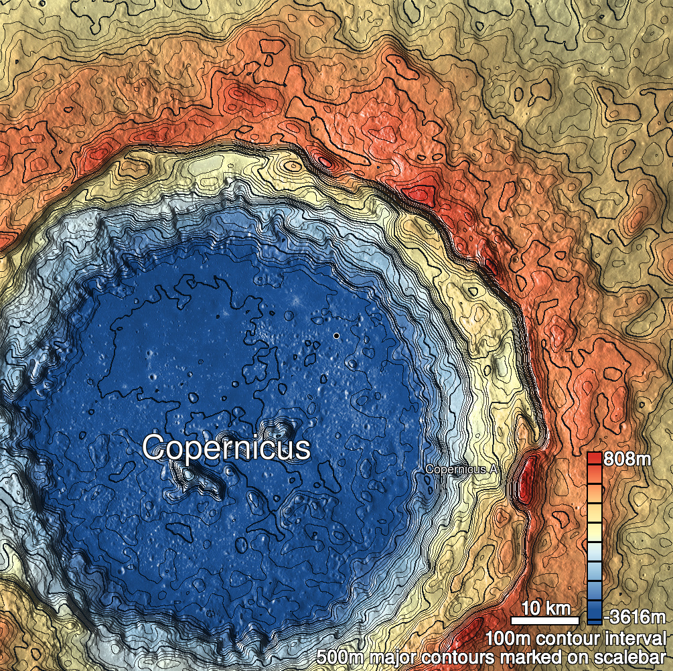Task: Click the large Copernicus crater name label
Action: click(226, 448)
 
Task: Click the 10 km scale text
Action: click(546, 609)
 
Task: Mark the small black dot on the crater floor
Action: click(336, 335)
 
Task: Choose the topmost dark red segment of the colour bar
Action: click(593, 459)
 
